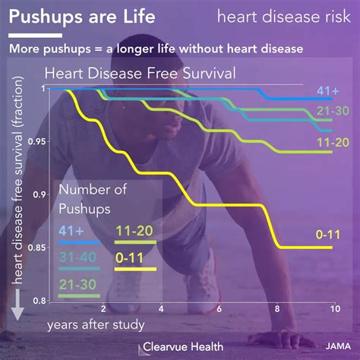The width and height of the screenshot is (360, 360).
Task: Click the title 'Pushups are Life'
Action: pyautogui.click(x=84, y=16)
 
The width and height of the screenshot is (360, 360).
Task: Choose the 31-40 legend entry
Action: pyautogui.click(x=77, y=256)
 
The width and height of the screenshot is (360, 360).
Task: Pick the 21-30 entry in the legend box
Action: pyautogui.click(x=77, y=283)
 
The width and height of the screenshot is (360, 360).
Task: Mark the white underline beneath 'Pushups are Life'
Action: pyautogui.click(x=35, y=34)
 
